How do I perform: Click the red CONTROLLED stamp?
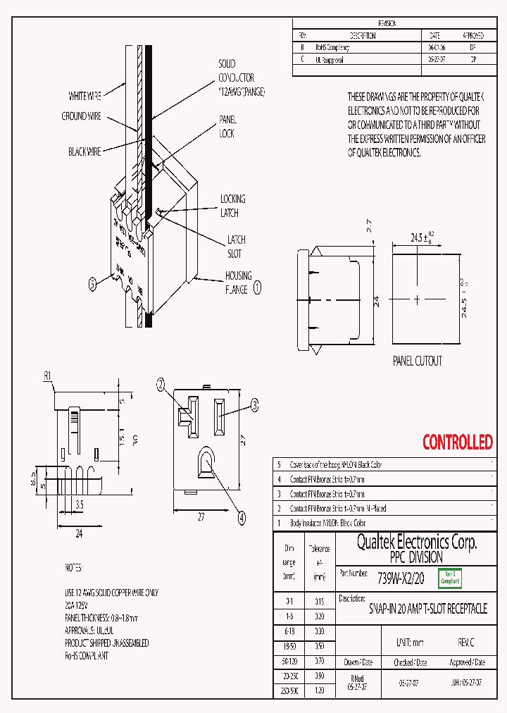[457, 442]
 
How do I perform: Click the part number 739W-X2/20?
[401, 578]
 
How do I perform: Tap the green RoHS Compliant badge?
[450, 578]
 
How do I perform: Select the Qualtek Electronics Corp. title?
[417, 542]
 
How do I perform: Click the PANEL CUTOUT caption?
[418, 361]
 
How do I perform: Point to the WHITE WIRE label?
[87, 96]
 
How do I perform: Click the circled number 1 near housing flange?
[257, 287]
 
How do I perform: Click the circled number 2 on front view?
[161, 384]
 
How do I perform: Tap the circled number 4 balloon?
[242, 517]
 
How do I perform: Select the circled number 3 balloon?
[255, 404]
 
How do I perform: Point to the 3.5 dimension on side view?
[80, 505]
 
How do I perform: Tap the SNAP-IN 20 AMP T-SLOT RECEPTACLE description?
[427, 609]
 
